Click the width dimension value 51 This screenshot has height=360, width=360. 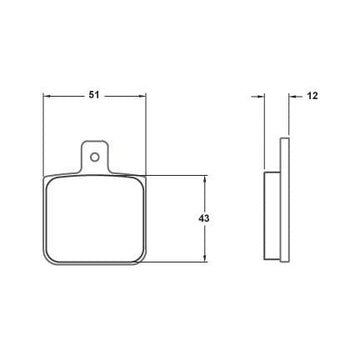[x=94, y=95]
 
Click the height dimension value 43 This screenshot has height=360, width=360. [x=204, y=219]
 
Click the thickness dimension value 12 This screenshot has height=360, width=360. [x=312, y=96]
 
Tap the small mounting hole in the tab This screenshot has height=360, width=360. [x=95, y=157]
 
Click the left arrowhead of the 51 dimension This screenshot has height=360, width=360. [x=46, y=96]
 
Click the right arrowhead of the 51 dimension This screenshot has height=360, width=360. [x=143, y=96]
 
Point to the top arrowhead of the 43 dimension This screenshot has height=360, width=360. [x=205, y=178]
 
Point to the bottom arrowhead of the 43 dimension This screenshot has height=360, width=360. [x=205, y=259]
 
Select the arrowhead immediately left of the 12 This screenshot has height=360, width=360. [x=292, y=96]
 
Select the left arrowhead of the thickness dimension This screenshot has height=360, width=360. [x=261, y=96]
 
